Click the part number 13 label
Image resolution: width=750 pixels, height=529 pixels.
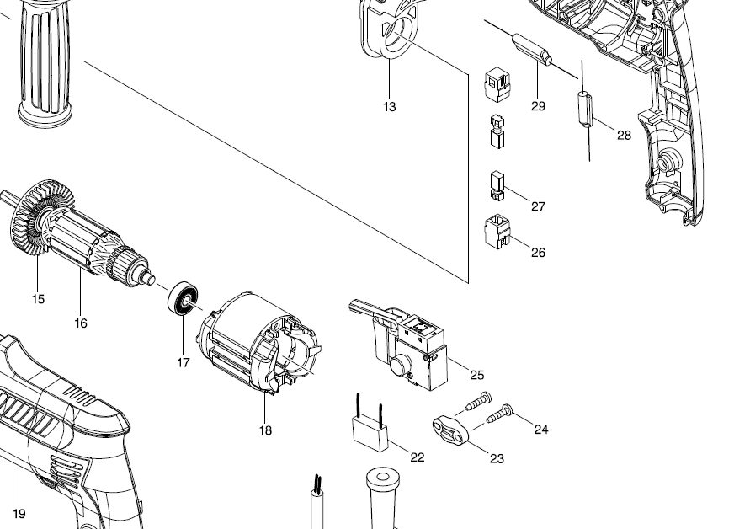click(389, 107)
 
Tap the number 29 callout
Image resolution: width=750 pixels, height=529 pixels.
click(538, 106)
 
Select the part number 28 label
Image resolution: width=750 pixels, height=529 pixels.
click(624, 135)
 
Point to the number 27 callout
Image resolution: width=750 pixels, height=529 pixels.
click(538, 206)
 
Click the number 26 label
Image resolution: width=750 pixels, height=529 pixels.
click(538, 253)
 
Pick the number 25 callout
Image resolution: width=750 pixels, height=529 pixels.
click(477, 374)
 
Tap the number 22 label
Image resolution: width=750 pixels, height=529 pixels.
click(418, 457)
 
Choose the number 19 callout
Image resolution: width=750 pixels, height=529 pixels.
click(19, 514)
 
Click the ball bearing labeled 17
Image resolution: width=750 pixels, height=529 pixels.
click(184, 300)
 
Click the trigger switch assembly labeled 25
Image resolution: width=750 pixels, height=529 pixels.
click(412, 345)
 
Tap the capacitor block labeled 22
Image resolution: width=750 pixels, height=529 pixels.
click(370, 433)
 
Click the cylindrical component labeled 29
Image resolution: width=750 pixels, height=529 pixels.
click(533, 49)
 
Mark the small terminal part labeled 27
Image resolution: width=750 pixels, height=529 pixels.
click(496, 186)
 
